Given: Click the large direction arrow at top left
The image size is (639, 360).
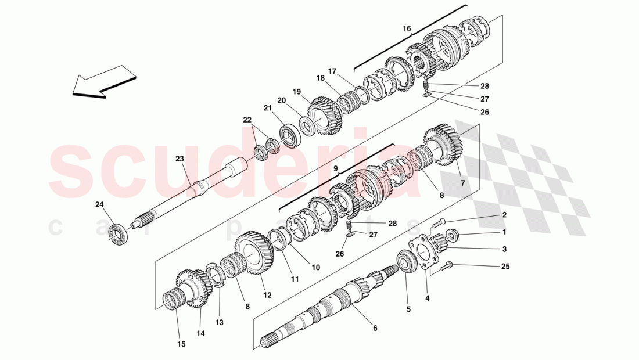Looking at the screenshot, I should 103,82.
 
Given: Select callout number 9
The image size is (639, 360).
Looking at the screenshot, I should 335,168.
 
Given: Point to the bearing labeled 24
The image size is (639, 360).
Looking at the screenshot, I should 119,233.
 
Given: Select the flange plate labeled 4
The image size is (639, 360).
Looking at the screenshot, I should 421,253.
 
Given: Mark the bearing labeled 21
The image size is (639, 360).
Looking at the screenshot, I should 288,135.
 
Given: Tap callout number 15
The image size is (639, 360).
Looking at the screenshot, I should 181,344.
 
